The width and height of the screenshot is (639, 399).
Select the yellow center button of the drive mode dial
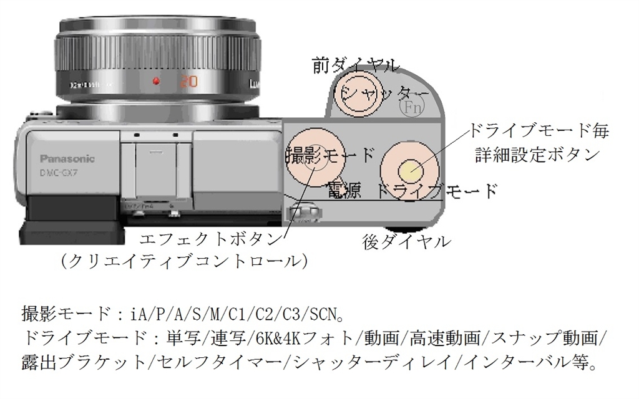pyautogui.click(x=409, y=169)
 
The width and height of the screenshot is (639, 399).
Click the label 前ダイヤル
pyautogui.click(x=356, y=64)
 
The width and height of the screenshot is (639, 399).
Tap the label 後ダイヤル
pyautogui.click(x=406, y=242)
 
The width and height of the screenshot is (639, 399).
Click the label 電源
pyautogui.click(x=344, y=191)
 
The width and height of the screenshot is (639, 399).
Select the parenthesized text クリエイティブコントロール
pyautogui.click(x=183, y=261)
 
